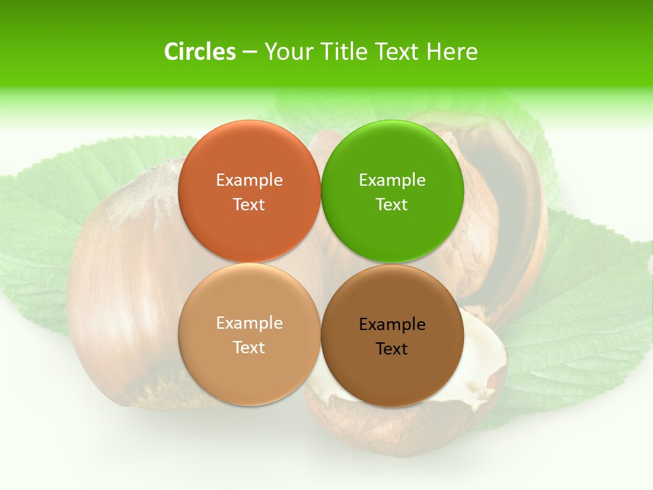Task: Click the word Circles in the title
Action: click(199, 52)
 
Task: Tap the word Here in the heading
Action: click(452, 52)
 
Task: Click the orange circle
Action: click(249, 160)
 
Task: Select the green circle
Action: click(392, 160)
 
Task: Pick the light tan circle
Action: click(249, 367)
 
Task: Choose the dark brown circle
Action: click(392, 371)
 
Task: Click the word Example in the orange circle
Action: click(249, 180)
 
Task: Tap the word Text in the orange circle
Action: click(249, 204)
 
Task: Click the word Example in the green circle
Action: click(392, 180)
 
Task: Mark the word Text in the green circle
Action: click(392, 204)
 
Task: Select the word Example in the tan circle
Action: click(249, 323)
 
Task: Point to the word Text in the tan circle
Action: click(249, 347)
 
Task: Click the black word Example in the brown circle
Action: click(392, 324)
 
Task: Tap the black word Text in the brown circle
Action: click(392, 348)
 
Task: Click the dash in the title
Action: click(250, 52)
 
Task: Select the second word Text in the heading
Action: click(398, 52)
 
